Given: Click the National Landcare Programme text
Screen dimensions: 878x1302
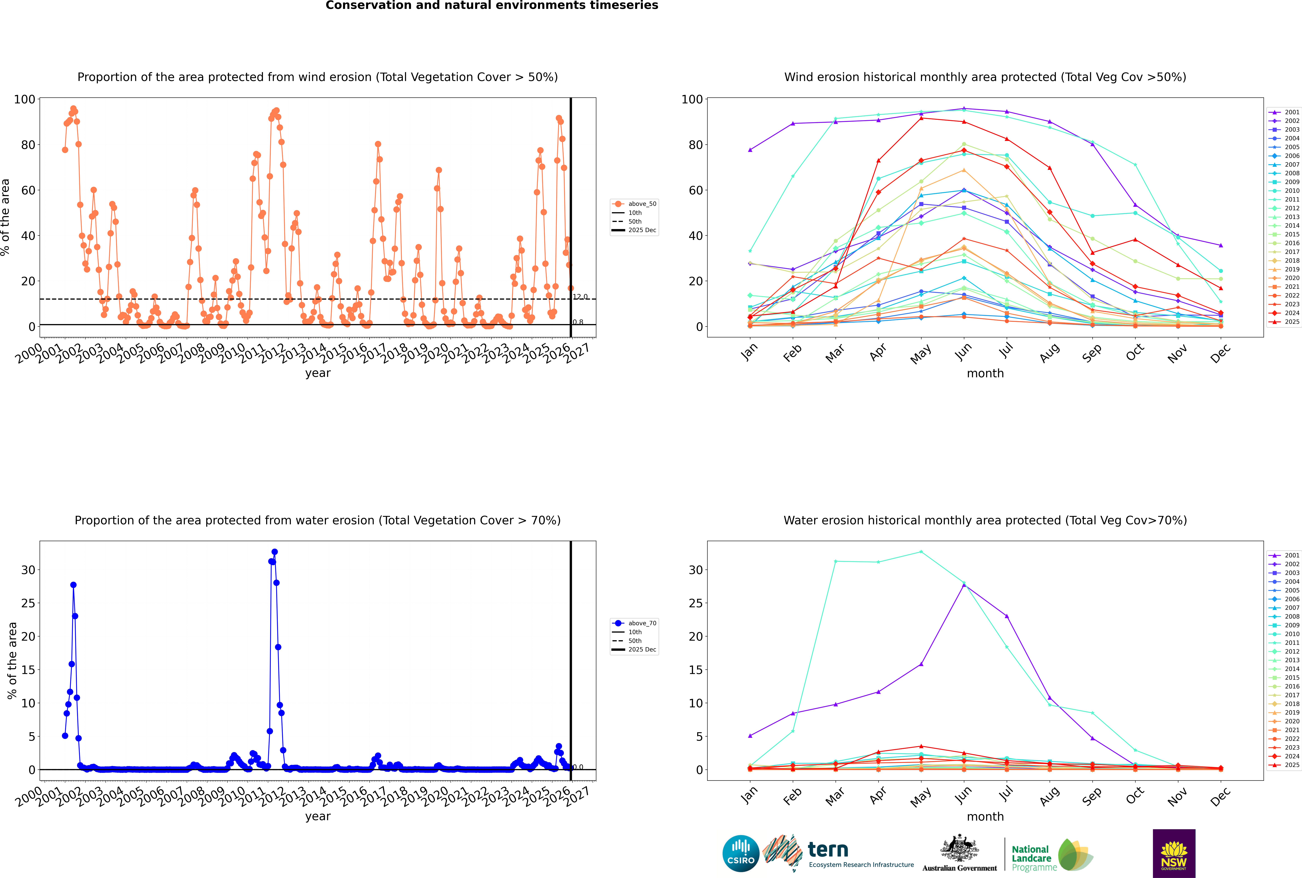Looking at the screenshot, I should [1031, 858].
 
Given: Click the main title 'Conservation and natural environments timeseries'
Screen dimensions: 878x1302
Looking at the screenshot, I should [491, 6].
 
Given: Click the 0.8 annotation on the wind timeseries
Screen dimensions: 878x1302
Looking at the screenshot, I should [578, 322].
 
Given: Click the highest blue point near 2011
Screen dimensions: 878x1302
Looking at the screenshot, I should [274, 552].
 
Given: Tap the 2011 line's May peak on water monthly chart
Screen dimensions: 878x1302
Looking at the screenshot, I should [921, 552].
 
